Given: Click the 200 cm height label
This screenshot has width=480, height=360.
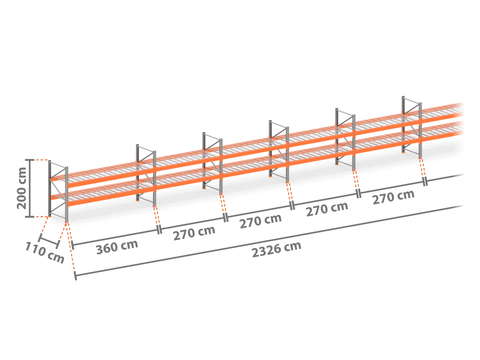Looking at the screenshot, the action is click(x=22, y=188).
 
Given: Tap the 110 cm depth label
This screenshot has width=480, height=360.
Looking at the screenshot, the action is click(x=45, y=252).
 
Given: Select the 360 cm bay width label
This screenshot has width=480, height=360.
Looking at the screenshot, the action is click(x=117, y=247).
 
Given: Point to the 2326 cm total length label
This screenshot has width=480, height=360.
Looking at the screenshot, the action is click(x=276, y=249).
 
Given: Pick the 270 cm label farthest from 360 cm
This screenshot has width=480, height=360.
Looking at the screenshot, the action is click(x=393, y=197).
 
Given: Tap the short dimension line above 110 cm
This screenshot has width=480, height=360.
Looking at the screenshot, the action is click(x=49, y=241).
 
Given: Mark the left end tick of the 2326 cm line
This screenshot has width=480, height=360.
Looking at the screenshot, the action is click(x=76, y=276).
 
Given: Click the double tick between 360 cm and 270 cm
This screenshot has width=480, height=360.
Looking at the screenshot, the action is click(x=159, y=230).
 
